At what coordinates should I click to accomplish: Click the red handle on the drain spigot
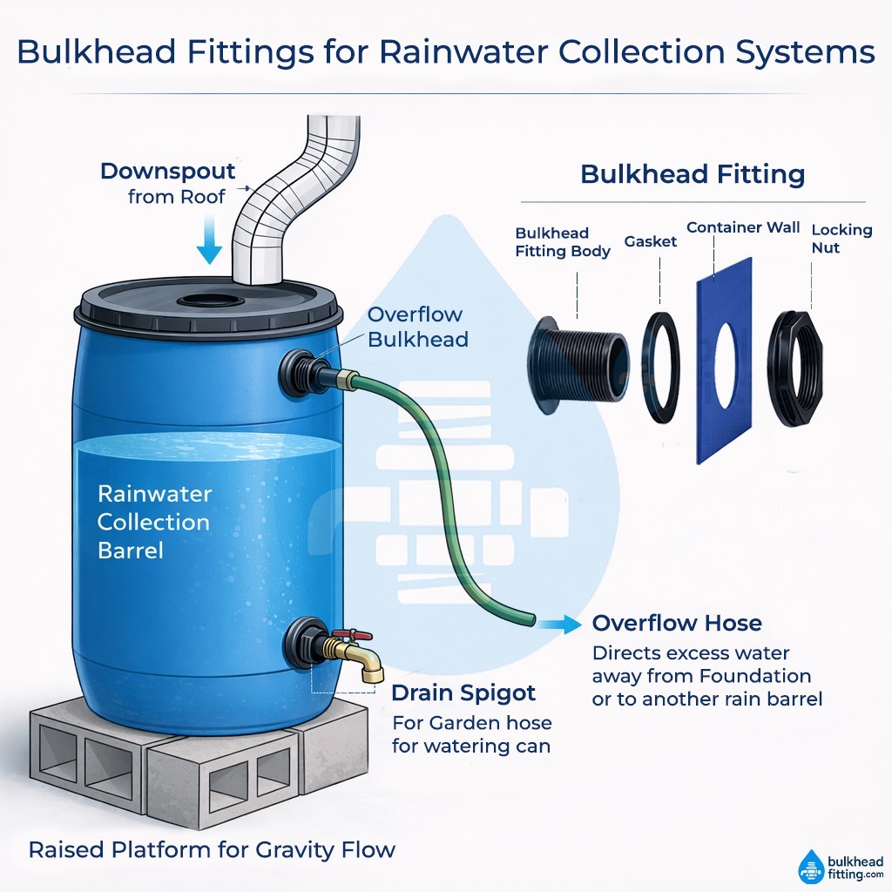point(352,635)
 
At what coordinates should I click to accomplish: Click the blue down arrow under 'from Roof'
point(209,240)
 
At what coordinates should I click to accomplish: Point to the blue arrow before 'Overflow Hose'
point(559,624)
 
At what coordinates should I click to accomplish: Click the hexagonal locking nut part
point(794,368)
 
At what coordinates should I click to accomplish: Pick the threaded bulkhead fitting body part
point(578,365)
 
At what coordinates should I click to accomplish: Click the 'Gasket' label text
point(650,242)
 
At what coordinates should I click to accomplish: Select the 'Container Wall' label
point(743,227)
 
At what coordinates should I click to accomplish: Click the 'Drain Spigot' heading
point(463,693)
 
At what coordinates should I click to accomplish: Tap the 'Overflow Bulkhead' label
point(417,327)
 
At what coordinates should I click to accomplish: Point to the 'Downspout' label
point(168,172)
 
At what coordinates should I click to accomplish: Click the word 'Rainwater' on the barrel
point(155,494)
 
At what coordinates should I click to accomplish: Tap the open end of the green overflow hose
point(532,619)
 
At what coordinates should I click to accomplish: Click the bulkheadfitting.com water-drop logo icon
point(811,868)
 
